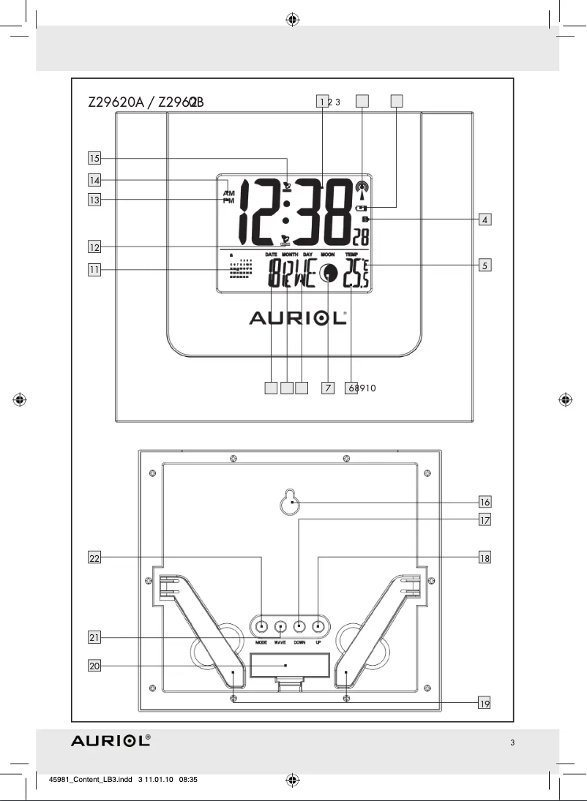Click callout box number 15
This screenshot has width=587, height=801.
coord(94,157)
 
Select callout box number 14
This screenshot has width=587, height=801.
coord(94,179)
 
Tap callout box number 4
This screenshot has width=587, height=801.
coord(485,219)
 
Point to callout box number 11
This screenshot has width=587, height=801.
coord(94,270)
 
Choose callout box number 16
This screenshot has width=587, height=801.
coord(485,502)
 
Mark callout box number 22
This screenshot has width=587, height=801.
coord(94,558)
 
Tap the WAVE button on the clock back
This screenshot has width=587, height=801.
coord(280,626)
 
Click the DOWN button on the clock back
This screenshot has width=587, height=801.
coord(299,626)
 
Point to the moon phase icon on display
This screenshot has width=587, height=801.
coord(329,274)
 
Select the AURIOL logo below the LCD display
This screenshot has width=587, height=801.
coord(298,317)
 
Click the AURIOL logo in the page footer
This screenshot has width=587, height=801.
coord(111,741)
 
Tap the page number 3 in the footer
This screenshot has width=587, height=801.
coord(512,743)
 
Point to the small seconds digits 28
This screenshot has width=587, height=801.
coord(360,237)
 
